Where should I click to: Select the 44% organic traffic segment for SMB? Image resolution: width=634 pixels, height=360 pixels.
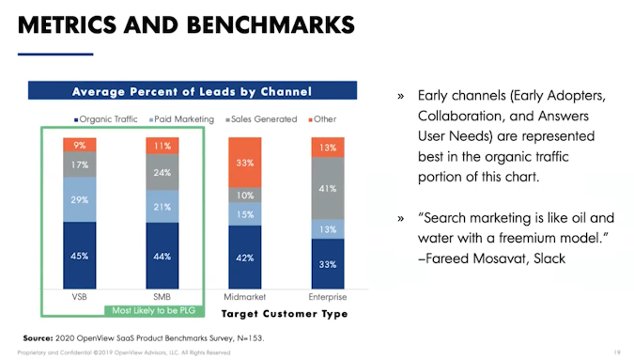pos(163,255)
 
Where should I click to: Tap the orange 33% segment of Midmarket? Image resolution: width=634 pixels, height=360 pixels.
pos(245,162)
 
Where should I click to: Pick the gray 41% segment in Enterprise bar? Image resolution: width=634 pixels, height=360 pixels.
pos(328,189)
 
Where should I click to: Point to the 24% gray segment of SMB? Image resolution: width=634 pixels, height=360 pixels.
pos(163,172)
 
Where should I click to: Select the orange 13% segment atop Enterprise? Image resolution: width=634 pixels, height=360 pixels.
pos(328,148)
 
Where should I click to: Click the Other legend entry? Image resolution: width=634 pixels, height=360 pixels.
pos(322,119)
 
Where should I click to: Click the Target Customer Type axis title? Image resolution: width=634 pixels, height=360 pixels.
pos(284,313)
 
